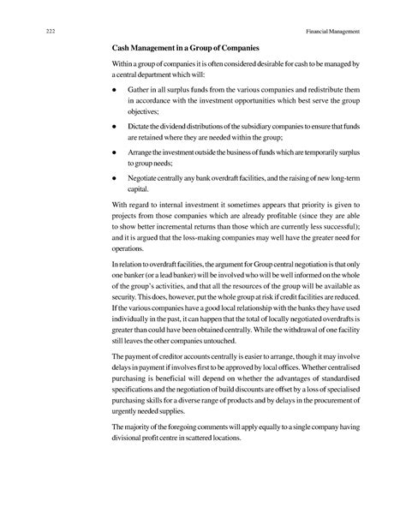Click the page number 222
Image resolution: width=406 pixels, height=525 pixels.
pyautogui.click(x=39, y=31)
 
